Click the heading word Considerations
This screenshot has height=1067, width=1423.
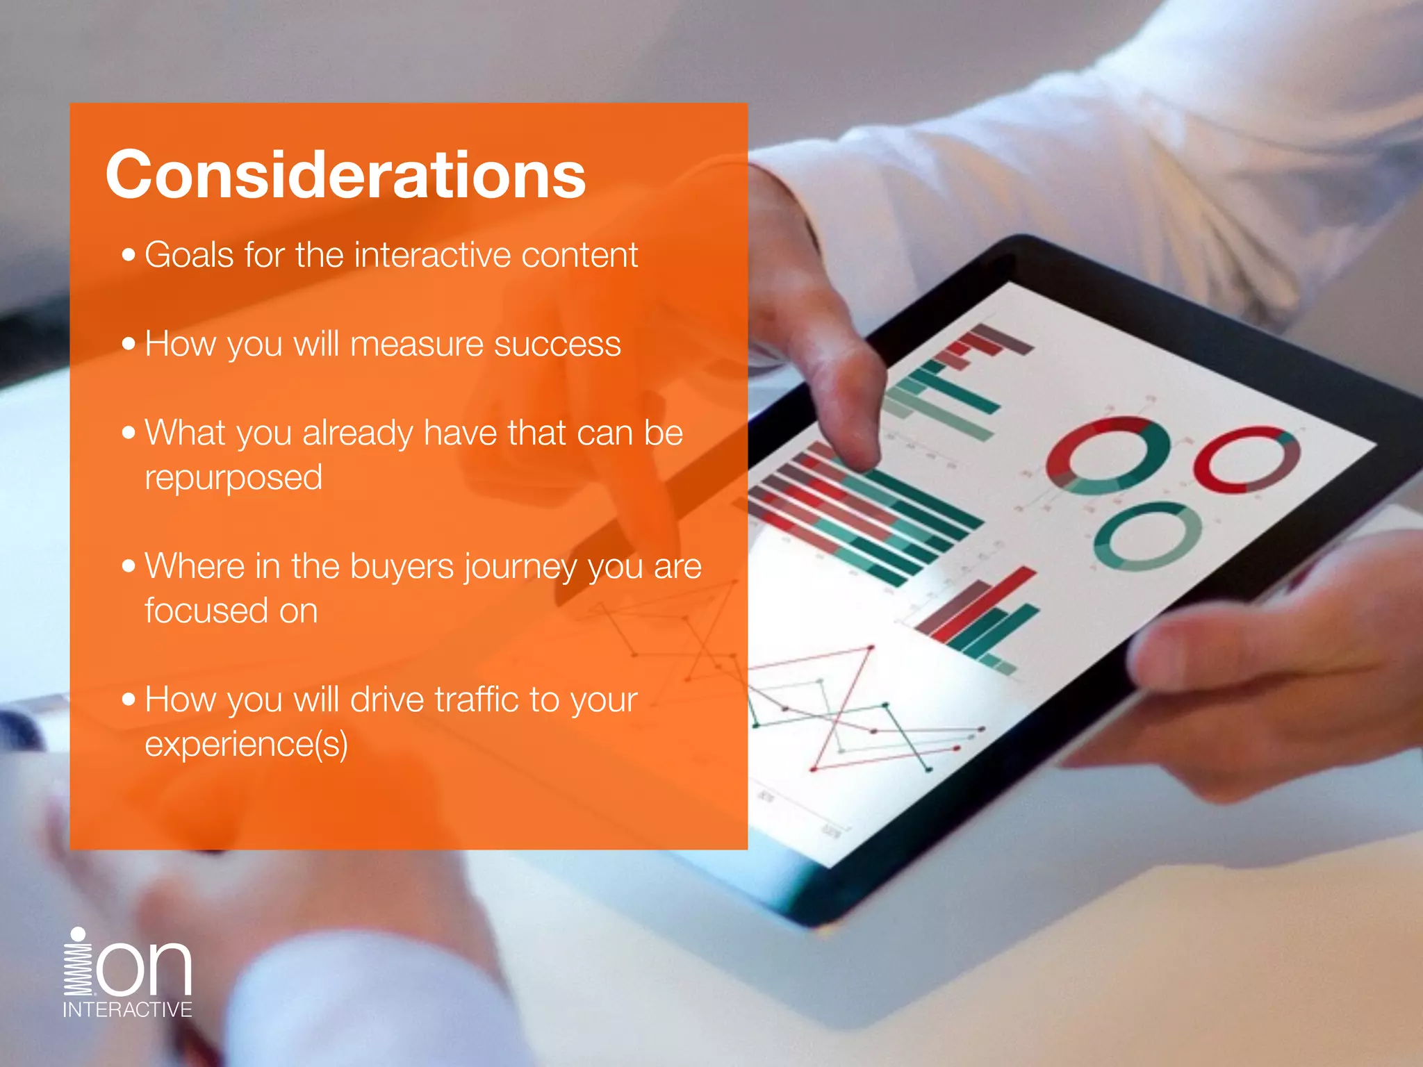[345, 174]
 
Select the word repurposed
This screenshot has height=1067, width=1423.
[233, 478]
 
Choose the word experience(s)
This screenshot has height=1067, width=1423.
[246, 745]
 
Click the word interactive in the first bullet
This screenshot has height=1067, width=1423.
[432, 255]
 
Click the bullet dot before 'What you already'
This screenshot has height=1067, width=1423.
[129, 433]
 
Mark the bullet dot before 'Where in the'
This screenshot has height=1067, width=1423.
[129, 566]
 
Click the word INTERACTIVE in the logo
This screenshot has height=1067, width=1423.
[127, 1009]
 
